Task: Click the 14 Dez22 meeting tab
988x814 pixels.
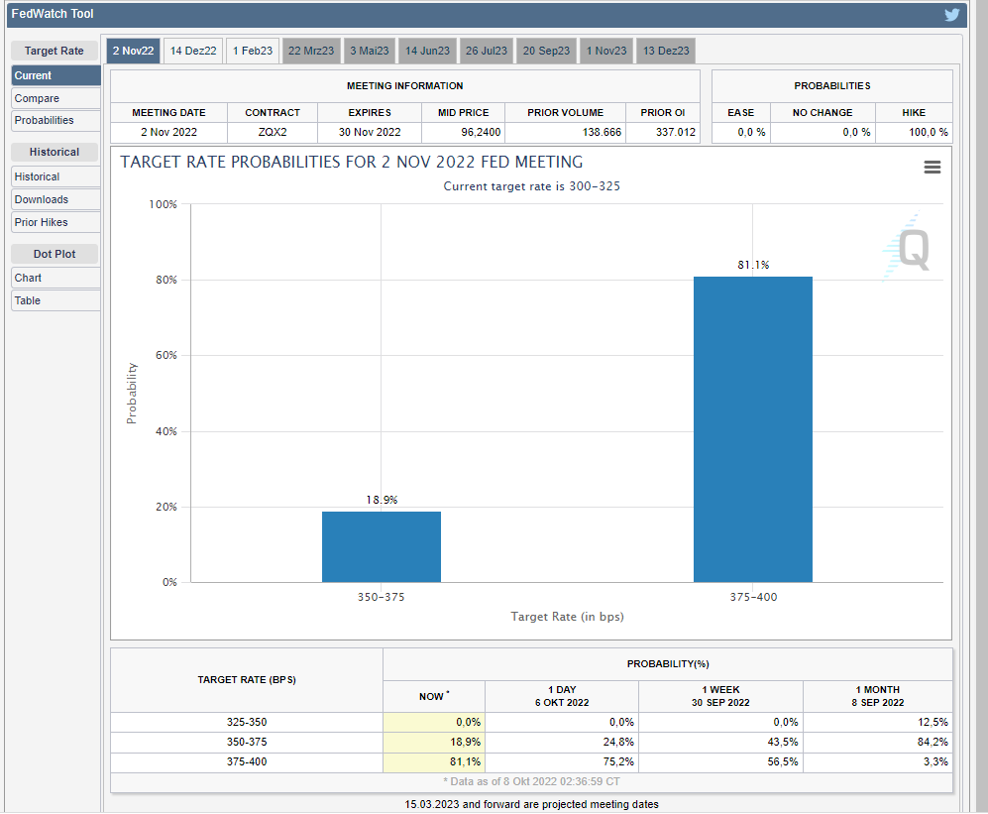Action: point(193,51)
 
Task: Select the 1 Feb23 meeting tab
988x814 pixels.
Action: point(253,51)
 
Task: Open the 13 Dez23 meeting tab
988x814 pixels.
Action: point(666,51)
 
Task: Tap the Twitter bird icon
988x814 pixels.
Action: point(952,15)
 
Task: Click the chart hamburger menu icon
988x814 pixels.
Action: point(932,168)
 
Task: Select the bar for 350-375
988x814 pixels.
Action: point(382,546)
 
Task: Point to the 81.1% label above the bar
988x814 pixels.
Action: point(753,266)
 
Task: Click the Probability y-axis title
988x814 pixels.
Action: point(132,394)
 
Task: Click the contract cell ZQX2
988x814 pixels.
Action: point(273,132)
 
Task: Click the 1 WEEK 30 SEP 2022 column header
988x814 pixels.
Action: point(720,696)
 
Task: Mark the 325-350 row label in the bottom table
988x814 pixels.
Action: point(247,722)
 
